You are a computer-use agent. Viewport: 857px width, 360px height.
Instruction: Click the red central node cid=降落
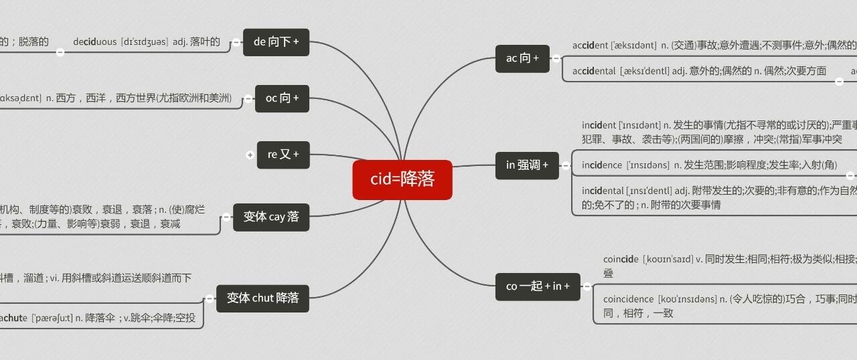[x=402, y=179]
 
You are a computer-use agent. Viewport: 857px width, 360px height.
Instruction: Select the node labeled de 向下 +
[x=276, y=42]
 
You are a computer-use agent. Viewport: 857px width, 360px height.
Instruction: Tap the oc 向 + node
[x=282, y=98]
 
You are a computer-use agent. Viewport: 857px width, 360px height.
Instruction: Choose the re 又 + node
[x=283, y=155]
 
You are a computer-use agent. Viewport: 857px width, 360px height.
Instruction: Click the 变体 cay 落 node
[x=271, y=217]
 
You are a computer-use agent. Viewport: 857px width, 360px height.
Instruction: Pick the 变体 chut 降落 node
[x=262, y=298]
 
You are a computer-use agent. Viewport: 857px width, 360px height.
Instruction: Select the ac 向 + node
[x=522, y=58]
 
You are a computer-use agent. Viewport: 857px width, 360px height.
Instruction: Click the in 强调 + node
[x=527, y=165]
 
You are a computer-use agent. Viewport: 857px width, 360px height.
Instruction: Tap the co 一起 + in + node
[x=538, y=286]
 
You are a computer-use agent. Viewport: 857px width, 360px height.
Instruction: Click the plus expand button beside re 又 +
[x=250, y=155]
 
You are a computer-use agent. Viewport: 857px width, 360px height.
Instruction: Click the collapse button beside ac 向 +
[x=556, y=58]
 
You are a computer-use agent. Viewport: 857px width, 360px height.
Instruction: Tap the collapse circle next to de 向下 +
[x=236, y=42]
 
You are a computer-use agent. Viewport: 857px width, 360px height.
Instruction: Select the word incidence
[x=601, y=165]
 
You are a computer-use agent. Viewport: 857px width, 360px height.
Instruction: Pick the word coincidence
[x=628, y=299]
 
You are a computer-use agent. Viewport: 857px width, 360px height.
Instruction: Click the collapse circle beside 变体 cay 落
[x=226, y=217]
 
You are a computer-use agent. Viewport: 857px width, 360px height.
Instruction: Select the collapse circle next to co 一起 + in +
[x=587, y=286]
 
